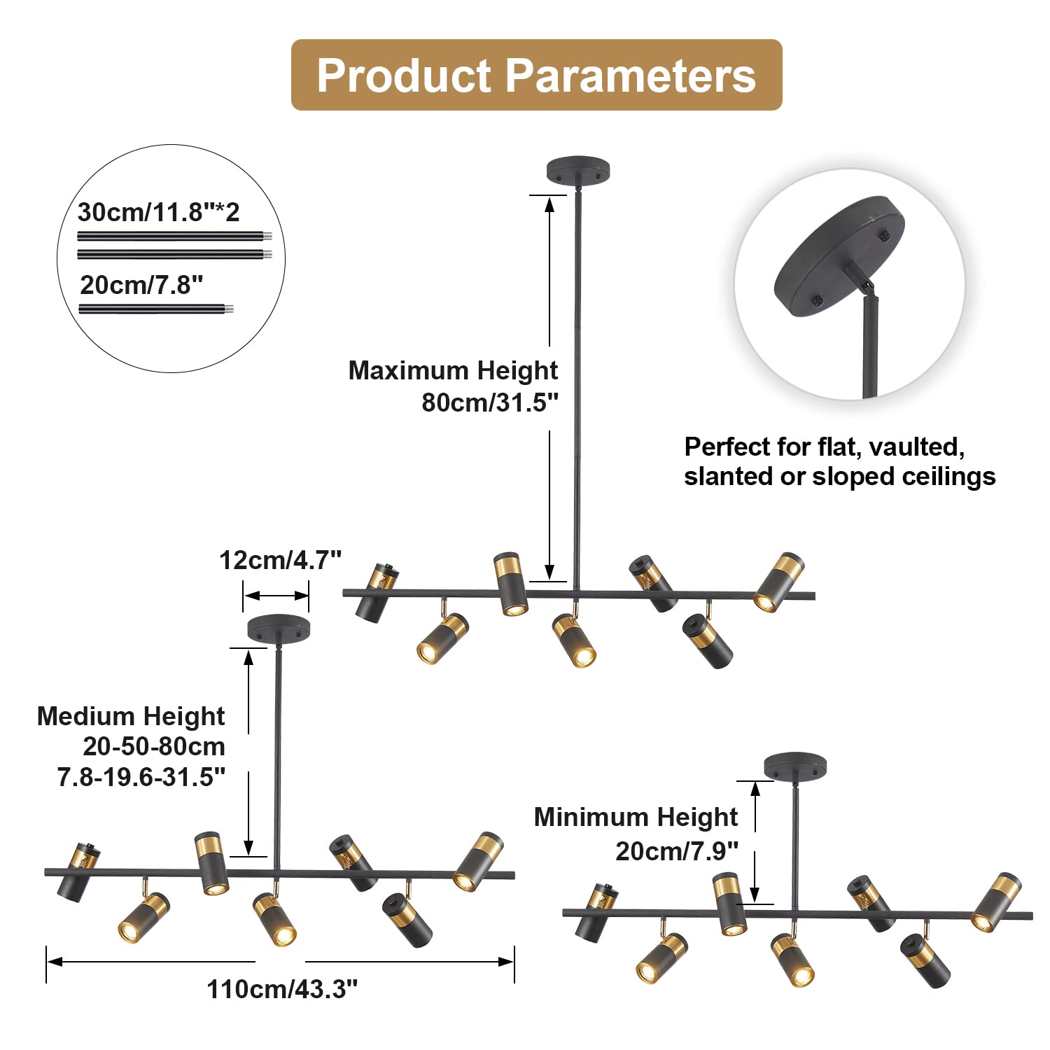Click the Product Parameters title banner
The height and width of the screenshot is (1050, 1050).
536,75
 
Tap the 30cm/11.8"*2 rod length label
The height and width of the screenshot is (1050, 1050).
159,212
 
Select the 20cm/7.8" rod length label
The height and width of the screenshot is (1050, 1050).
141,285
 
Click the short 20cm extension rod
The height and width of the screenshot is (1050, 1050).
155,309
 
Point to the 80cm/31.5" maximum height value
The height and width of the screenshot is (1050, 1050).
490,403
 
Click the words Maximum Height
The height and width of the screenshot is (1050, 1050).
453,370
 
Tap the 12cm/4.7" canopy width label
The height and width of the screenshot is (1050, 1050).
281,560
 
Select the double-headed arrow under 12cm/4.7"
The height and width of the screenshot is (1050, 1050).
276,596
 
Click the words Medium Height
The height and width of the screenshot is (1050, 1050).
131,716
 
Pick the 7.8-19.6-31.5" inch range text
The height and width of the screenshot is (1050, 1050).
141,777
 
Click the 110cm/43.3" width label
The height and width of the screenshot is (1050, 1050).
282,989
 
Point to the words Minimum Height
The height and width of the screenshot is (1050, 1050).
636,817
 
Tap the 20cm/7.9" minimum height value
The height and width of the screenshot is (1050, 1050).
677,851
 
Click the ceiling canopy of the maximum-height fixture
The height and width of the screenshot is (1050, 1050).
577,170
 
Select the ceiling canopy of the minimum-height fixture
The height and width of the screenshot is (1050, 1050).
795,766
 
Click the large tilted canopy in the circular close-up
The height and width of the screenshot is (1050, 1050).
839,256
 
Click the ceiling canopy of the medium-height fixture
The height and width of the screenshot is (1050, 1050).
279,628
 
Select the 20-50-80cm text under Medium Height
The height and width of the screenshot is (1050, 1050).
154,747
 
